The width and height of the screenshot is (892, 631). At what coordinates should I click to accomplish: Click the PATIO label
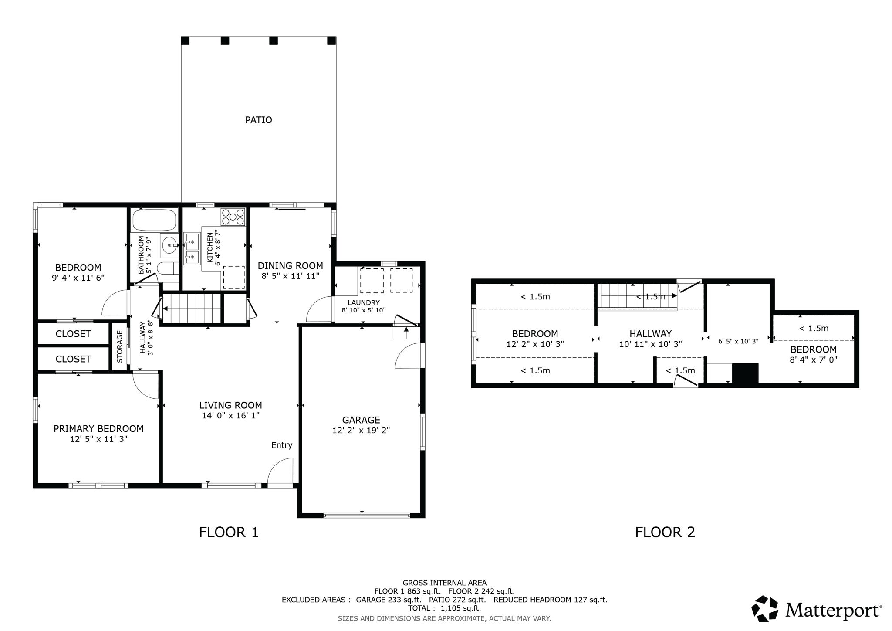(258, 120)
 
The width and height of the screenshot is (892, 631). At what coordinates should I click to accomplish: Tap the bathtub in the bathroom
(155, 220)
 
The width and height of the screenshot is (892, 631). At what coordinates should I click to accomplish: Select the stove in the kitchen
(233, 217)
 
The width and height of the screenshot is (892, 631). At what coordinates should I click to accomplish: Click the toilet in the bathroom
(168, 268)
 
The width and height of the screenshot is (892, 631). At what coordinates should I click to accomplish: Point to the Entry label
(281, 445)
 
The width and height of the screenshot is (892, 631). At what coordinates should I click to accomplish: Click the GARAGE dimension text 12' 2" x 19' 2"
(361, 431)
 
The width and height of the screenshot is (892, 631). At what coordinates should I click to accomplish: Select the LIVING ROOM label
(230, 405)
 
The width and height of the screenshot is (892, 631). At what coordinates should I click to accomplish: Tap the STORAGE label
(119, 346)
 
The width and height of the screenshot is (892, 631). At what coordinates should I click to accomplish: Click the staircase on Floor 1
(192, 308)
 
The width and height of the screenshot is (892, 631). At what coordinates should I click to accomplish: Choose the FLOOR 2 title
(665, 532)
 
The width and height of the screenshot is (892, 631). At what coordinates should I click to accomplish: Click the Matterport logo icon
(765, 608)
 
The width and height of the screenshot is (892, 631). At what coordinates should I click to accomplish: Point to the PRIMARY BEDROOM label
(98, 429)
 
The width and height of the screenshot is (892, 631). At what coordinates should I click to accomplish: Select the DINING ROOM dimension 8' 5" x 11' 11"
(290, 276)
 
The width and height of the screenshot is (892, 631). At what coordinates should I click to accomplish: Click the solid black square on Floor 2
(745, 373)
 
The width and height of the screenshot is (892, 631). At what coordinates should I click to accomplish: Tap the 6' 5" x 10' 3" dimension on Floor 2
(738, 342)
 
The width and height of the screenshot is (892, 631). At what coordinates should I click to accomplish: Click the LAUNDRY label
(363, 302)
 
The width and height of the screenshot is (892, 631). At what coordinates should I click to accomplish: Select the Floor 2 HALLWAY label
(650, 334)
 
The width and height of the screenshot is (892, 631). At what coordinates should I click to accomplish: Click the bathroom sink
(169, 246)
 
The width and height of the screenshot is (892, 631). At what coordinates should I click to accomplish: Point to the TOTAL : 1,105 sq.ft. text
(444, 608)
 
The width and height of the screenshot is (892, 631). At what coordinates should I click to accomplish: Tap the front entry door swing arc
(279, 471)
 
